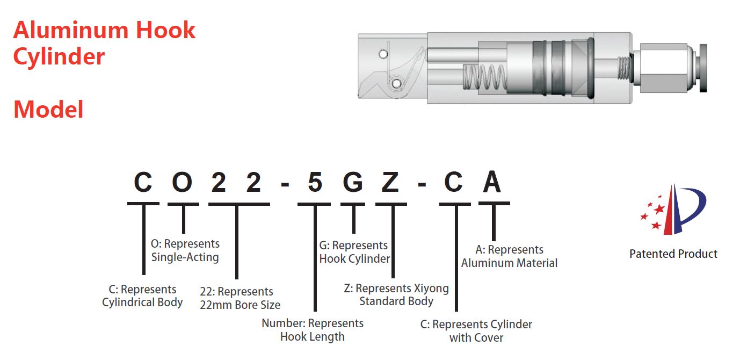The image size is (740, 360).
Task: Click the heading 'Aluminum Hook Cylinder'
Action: (x=104, y=43)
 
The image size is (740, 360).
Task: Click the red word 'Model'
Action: (x=48, y=110)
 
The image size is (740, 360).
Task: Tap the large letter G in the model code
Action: (x=353, y=183)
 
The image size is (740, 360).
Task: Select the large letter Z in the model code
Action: (x=390, y=183)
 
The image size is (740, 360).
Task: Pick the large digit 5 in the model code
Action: (x=315, y=183)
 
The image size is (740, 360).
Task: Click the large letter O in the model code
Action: (x=183, y=183)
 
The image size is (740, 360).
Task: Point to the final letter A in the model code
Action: (x=492, y=183)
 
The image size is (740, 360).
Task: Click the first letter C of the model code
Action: (x=143, y=183)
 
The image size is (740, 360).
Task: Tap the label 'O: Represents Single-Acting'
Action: (x=185, y=250)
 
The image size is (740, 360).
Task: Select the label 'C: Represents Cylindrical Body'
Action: (x=143, y=296)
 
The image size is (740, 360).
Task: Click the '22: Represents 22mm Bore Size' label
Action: (x=240, y=298)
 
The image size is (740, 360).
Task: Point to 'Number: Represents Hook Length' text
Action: (x=313, y=330)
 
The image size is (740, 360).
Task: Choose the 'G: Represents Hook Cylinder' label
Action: (x=354, y=252)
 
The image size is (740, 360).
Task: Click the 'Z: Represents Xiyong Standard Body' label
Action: (x=396, y=294)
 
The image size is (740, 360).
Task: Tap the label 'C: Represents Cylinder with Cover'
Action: (x=476, y=331)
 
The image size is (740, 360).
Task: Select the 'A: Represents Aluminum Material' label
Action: (x=509, y=256)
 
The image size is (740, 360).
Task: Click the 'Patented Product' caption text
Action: (x=673, y=254)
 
